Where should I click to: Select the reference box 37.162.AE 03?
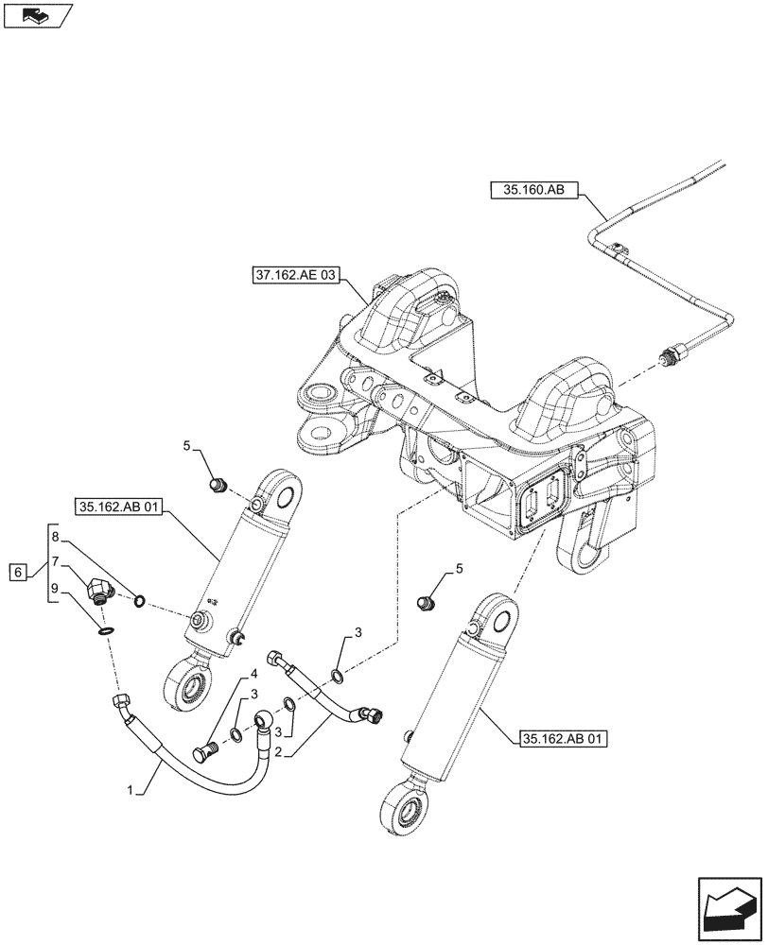[294, 276]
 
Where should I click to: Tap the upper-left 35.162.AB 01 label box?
[117, 507]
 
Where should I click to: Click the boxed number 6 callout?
[16, 572]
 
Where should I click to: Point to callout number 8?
[56, 537]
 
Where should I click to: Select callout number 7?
[56, 561]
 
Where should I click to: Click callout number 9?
[56, 588]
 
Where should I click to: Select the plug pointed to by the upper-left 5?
[218, 487]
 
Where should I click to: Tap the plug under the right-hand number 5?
[427, 601]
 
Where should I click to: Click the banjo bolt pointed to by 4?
[204, 753]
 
